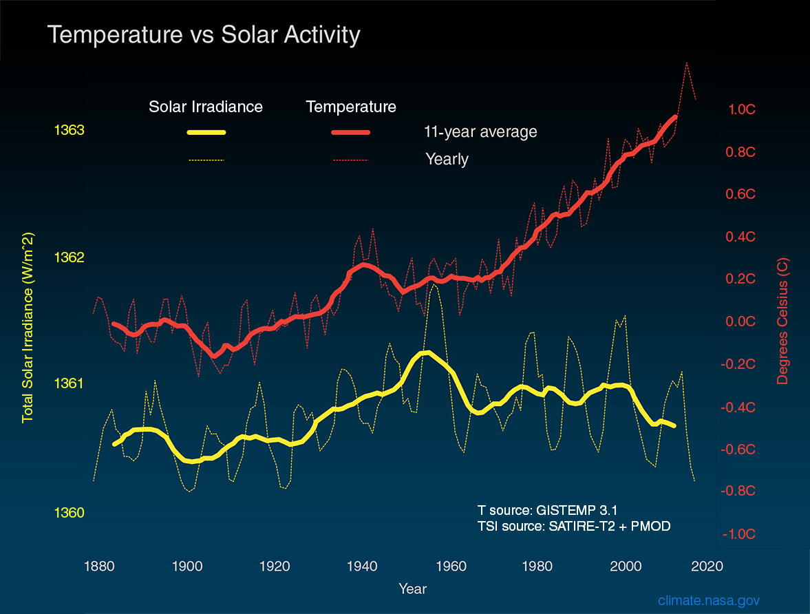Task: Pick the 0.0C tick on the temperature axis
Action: tap(742, 321)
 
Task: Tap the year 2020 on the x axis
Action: tap(707, 567)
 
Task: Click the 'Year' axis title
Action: tap(412, 589)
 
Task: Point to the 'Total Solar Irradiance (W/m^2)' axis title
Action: tap(28, 327)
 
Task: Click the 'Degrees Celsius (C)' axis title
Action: tap(784, 321)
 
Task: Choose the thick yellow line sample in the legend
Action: tap(206, 132)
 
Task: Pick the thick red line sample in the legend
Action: tap(351, 132)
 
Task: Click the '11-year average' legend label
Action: tap(480, 131)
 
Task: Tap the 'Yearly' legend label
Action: tap(447, 160)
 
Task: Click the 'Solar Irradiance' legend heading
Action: tap(206, 107)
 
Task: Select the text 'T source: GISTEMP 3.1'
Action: tap(547, 511)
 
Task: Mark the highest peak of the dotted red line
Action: tap(686, 63)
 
